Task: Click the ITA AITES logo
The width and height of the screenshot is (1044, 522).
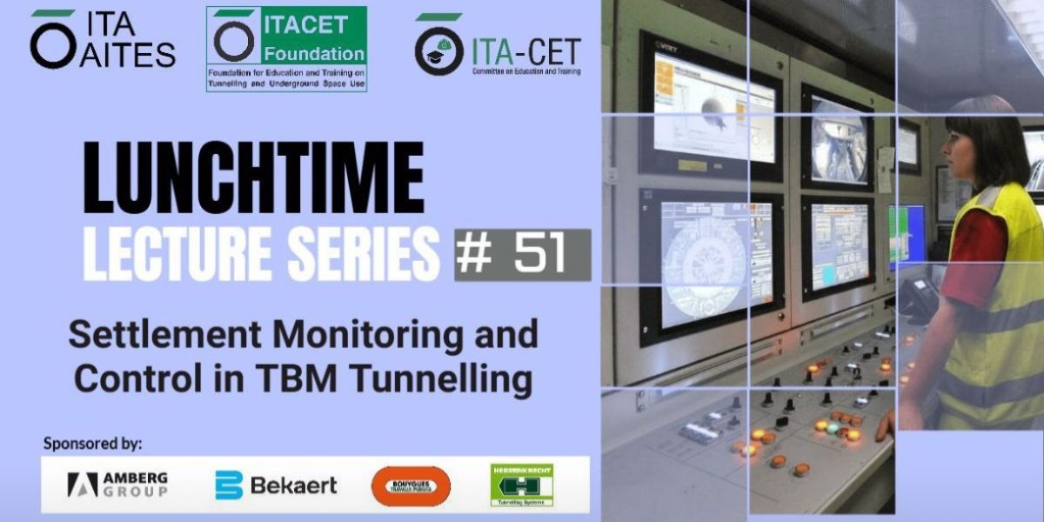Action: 102,40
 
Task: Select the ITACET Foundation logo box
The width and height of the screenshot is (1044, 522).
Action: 286,49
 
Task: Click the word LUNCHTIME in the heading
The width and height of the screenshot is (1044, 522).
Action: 253,180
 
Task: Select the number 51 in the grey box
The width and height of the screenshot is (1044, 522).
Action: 539,255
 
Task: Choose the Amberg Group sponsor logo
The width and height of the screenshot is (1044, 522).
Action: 117,485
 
